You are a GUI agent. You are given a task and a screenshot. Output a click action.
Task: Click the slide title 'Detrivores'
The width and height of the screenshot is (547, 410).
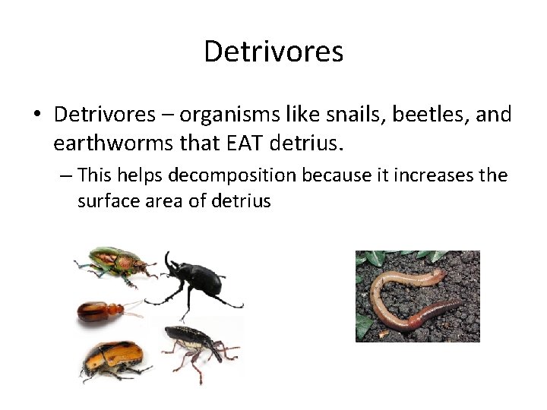(273, 52)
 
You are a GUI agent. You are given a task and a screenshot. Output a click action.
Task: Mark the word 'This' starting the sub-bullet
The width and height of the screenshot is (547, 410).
(94, 175)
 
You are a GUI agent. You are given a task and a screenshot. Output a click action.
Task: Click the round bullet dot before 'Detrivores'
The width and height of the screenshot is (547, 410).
(36, 115)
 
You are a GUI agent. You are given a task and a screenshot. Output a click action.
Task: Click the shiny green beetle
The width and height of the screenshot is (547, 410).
(114, 264)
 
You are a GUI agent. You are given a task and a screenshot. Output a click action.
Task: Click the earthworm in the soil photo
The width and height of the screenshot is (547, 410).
(410, 300)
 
